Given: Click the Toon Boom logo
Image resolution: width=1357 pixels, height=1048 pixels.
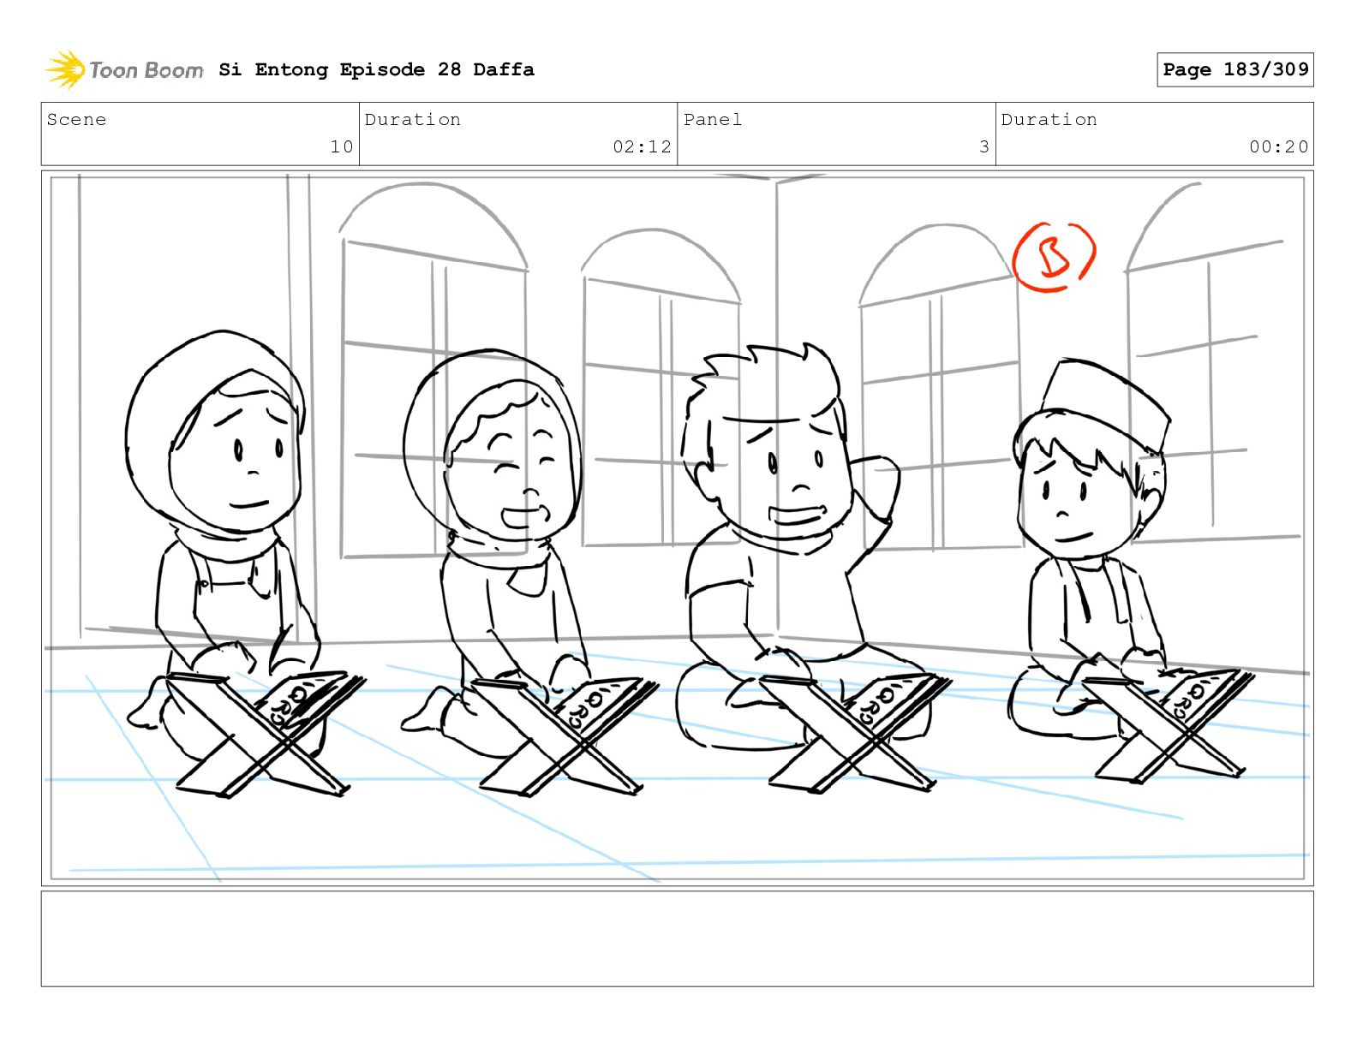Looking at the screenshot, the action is pos(123,70).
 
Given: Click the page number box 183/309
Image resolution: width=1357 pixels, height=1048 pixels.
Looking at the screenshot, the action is pos(1234,70).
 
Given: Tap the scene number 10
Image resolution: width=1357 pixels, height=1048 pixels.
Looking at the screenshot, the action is pos(342,146).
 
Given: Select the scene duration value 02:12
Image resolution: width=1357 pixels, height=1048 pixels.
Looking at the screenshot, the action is pos(642,146).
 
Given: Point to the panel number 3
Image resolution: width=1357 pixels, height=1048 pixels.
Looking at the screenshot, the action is pos(984,146).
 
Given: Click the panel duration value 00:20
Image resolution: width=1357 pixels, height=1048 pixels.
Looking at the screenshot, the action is pos(1278,146).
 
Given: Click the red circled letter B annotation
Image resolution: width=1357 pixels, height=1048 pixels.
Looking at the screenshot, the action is pos(1054,257).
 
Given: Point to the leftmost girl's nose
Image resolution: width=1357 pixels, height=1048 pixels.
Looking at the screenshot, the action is pos(252,471).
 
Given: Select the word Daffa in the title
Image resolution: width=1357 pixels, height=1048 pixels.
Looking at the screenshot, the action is pos(504,69).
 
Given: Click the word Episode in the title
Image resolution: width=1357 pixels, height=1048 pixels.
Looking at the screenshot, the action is pos(382,70).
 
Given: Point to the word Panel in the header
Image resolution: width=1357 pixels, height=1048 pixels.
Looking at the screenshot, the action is pos(713,119).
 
